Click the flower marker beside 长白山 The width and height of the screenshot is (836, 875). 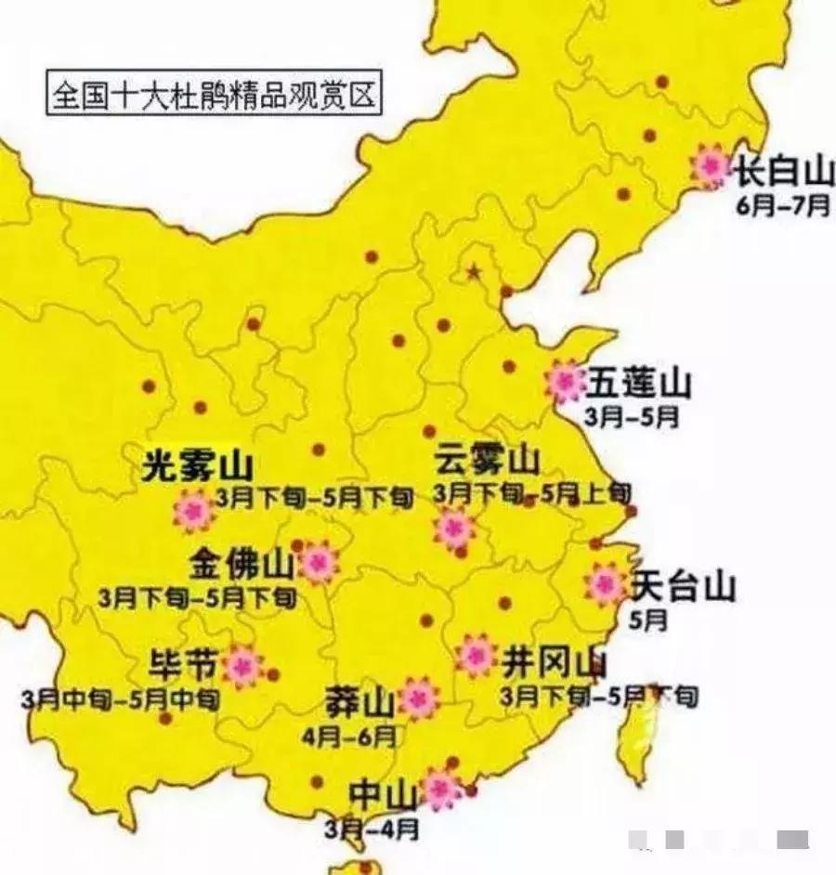[x=711, y=166]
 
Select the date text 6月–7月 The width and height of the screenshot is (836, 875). [x=783, y=206]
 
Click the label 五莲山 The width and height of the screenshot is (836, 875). [x=638, y=382]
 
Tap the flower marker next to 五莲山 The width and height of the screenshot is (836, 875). [x=564, y=381]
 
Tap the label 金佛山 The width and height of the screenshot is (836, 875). [x=242, y=562]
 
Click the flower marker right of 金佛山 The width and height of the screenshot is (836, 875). [x=319, y=562]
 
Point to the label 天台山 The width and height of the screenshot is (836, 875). [x=683, y=586]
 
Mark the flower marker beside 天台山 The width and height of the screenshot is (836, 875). [x=606, y=584]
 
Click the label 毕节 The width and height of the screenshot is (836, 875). [x=184, y=665]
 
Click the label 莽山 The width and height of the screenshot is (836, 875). [x=360, y=703]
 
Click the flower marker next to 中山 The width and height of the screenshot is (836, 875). [x=441, y=789]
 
